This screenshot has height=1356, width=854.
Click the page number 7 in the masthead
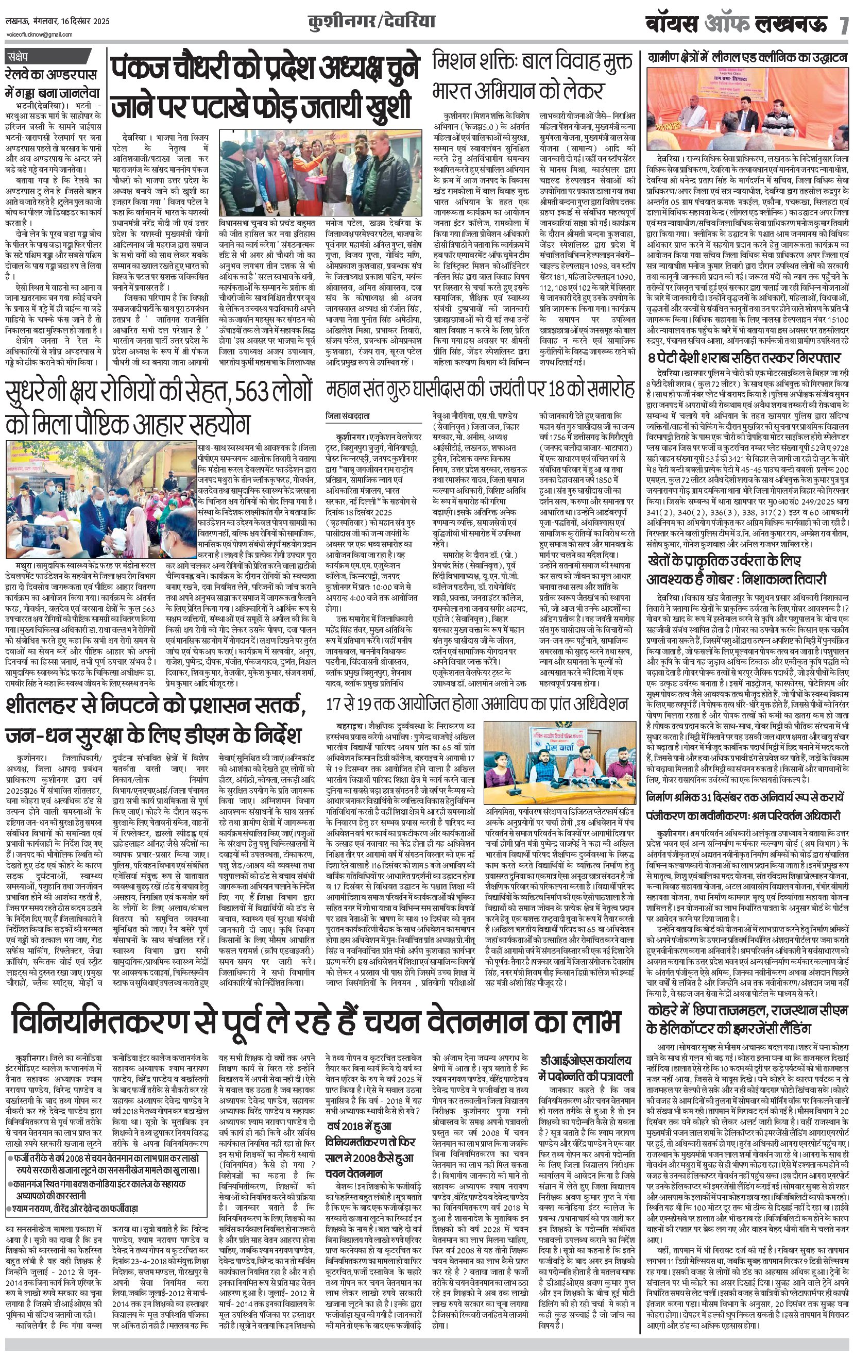(x=843, y=25)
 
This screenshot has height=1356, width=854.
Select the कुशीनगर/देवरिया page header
(x=371, y=23)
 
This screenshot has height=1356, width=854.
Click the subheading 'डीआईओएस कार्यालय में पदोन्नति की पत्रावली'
(x=586, y=1068)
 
